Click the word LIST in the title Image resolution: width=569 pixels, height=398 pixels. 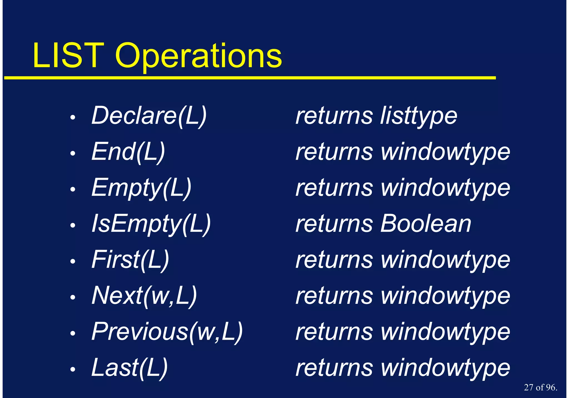[68, 56]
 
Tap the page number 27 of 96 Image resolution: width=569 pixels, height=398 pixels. [540, 387]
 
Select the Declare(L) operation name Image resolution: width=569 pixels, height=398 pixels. [149, 116]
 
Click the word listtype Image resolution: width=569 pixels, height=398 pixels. [419, 116]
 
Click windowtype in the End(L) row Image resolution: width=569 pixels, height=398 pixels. [445, 152]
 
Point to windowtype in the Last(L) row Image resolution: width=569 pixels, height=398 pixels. [445, 368]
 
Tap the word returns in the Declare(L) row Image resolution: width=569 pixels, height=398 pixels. [334, 116]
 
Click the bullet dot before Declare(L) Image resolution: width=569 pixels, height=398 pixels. [73, 117]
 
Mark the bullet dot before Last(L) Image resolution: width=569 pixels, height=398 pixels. [73, 369]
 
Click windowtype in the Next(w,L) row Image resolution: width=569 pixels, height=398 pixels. [445, 296]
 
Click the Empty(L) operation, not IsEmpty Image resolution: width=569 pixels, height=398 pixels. [141, 188]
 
